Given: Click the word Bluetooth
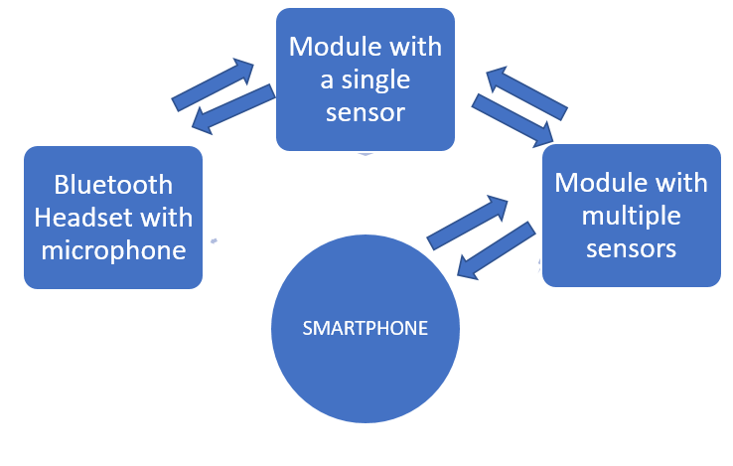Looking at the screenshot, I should pyautogui.click(x=112, y=185).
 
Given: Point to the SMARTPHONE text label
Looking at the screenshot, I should pyautogui.click(x=365, y=328).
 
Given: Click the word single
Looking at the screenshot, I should pyautogui.click(x=377, y=79).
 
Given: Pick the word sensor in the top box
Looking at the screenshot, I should pyautogui.click(x=365, y=111).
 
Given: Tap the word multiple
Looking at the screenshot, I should pyautogui.click(x=631, y=215).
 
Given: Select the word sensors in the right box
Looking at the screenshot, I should pyautogui.click(x=631, y=246).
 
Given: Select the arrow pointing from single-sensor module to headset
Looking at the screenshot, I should pyautogui.click(x=232, y=108).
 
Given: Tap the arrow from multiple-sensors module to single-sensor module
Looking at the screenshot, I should pyautogui.click(x=527, y=92).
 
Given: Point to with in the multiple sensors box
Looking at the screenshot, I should pyautogui.click(x=684, y=183).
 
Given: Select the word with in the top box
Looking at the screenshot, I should pyautogui.click(x=418, y=48).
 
